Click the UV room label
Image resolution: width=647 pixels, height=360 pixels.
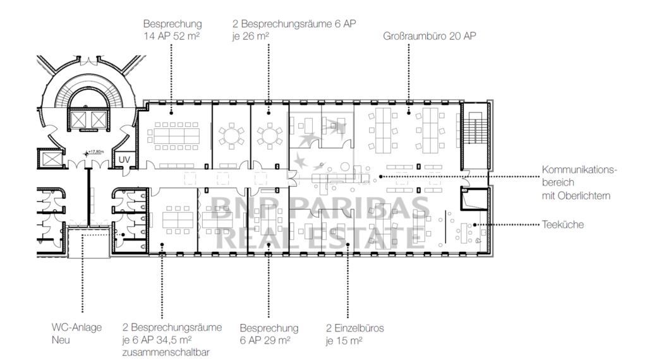[x=124, y=160]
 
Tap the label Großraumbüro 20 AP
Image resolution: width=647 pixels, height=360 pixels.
[x=430, y=36]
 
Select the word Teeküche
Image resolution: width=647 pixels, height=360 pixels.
[x=563, y=225]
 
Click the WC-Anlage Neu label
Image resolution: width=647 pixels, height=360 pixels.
[x=76, y=333]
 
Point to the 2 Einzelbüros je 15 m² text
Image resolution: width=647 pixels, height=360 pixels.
[x=355, y=335]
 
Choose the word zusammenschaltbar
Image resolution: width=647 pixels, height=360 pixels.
[x=166, y=352]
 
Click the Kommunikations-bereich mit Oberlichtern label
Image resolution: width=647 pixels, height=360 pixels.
[x=579, y=183]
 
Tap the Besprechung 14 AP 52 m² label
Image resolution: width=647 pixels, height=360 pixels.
[x=172, y=30]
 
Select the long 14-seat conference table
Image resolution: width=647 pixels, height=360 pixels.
[x=174, y=136]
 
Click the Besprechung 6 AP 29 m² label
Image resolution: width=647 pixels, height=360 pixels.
[x=269, y=335]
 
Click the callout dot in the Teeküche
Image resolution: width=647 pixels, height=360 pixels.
[x=475, y=225]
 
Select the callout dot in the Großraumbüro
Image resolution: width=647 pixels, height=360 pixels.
[x=409, y=112]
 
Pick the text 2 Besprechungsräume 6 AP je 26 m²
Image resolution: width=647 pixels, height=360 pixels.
[x=294, y=30]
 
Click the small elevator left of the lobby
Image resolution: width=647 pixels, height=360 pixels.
[x=51, y=158]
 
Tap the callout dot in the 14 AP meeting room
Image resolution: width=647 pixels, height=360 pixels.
[x=171, y=112]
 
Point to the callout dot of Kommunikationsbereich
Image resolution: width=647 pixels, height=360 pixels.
[x=380, y=176]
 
